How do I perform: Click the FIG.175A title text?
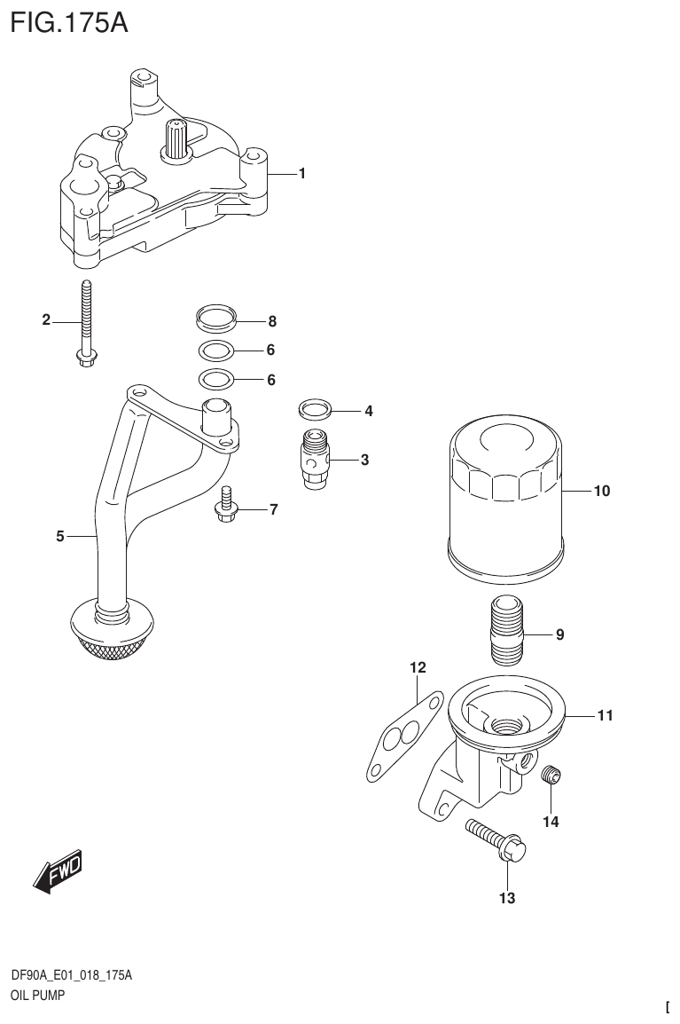[69, 21]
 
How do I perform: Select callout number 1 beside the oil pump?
[301, 174]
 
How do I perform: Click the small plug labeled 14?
[551, 775]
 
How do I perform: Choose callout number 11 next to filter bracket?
[605, 714]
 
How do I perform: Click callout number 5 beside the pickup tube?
[59, 535]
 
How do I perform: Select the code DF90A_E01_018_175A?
[71, 976]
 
